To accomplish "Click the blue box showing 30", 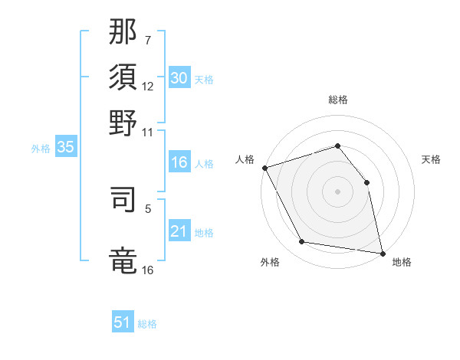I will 179,78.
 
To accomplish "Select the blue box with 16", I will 179,162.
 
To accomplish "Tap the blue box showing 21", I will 179,231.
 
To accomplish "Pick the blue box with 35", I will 65,148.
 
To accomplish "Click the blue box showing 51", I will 123,322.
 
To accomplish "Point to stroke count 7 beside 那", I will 149,40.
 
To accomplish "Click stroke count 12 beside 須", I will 148,87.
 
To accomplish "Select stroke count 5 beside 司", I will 149,208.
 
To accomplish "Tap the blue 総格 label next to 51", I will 147,324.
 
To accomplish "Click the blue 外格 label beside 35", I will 40,149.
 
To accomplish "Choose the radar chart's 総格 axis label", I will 337,100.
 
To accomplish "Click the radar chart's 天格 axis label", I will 432,159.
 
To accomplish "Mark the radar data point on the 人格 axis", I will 264,168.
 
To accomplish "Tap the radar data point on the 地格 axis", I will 382,252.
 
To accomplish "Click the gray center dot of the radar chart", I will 337,191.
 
